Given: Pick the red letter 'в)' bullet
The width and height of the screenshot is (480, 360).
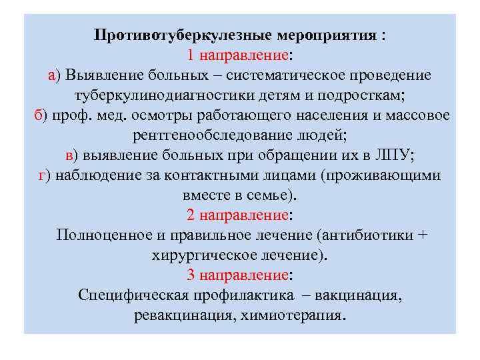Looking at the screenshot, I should [x=71, y=155].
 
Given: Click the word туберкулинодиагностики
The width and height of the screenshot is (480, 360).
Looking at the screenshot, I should [x=179, y=95].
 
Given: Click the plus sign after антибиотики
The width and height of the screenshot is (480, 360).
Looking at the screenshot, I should [x=421, y=235].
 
